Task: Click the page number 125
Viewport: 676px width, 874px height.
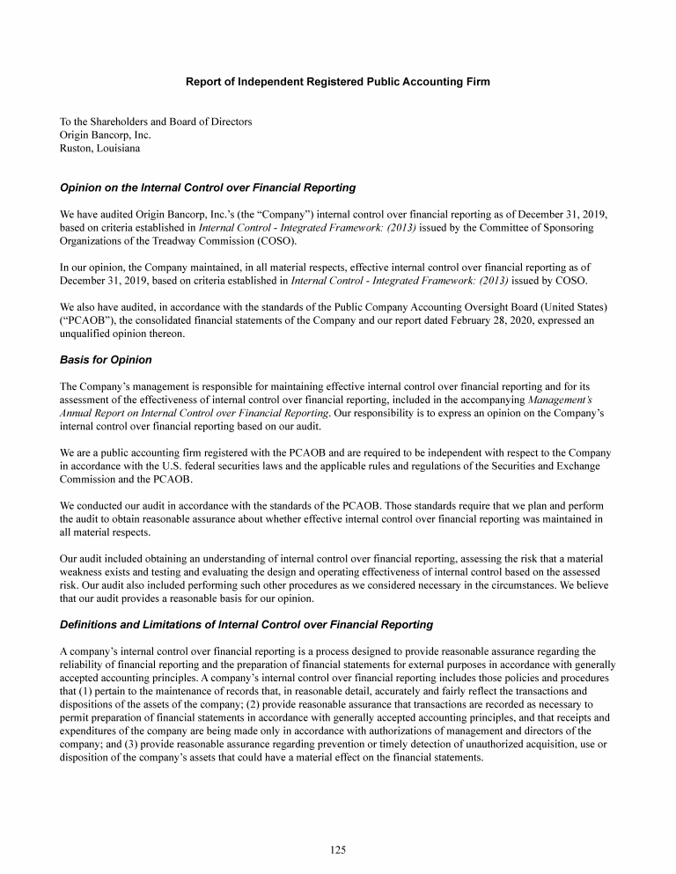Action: (x=338, y=849)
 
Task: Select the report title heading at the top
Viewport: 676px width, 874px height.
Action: (x=338, y=82)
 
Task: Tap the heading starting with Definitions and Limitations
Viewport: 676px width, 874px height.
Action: (x=246, y=625)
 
